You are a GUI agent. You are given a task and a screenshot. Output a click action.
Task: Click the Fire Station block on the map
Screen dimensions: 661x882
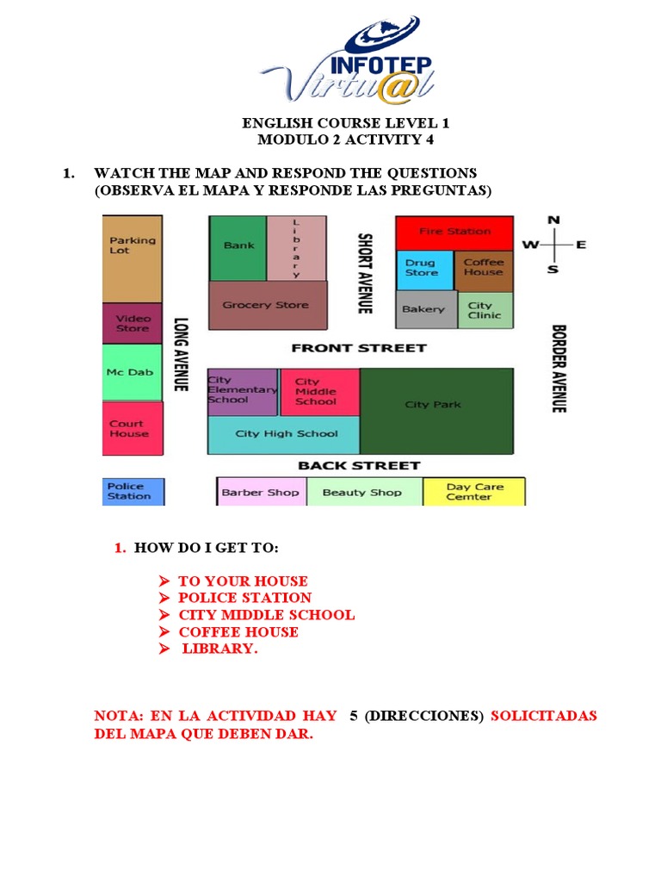(x=454, y=232)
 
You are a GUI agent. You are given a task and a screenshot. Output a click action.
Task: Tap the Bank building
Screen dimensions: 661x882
(x=238, y=247)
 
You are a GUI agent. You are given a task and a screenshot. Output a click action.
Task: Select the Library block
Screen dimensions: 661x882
(x=297, y=247)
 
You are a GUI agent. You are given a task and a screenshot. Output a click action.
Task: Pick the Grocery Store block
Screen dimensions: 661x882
(x=267, y=306)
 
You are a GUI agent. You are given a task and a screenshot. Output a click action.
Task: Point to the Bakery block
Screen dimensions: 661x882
(x=425, y=309)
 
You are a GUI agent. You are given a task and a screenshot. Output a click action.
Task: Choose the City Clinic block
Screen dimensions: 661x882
(x=485, y=310)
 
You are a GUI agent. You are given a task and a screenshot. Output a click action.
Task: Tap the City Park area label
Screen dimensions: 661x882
(x=433, y=405)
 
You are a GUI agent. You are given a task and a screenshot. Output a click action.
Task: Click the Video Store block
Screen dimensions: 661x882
(x=132, y=324)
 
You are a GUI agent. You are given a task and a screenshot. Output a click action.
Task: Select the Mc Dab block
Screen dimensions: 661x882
(x=132, y=373)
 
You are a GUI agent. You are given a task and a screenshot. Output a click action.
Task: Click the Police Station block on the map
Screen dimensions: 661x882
(x=132, y=492)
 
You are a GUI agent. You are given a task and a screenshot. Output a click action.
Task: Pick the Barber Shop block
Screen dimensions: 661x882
(x=260, y=493)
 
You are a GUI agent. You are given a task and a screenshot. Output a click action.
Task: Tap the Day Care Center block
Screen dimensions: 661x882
(x=474, y=492)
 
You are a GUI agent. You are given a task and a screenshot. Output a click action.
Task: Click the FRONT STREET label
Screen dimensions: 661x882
(x=358, y=348)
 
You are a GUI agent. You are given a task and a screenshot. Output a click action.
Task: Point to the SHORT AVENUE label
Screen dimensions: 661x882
(x=365, y=273)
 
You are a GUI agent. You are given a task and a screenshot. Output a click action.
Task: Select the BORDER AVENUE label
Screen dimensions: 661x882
(x=558, y=368)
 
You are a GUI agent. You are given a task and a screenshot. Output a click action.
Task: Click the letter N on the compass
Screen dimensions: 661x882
(x=553, y=220)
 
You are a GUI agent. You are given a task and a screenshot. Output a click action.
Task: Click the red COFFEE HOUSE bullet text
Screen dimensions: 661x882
(x=238, y=631)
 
